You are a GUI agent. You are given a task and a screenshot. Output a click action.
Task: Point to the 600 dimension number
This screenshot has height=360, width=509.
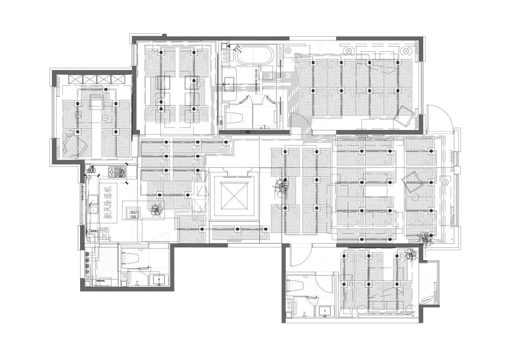coord(91,170)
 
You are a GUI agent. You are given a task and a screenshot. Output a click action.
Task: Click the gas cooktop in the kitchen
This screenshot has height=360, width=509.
coord(116,170)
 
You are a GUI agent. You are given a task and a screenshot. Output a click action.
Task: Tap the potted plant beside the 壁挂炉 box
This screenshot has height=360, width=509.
coord(155,209)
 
